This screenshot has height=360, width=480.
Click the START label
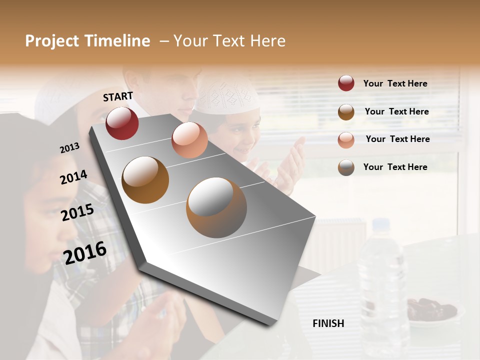[118, 96]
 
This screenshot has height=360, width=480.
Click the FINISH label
[328, 323]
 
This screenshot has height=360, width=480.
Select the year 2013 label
[69, 148]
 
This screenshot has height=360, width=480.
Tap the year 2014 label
[73, 177]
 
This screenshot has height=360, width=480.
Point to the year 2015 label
[77, 212]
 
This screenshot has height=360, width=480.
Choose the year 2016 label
[85, 252]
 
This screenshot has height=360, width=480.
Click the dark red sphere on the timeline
[122, 123]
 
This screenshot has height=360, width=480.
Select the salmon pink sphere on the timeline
[189, 139]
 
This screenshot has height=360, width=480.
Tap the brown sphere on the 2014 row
[145, 180]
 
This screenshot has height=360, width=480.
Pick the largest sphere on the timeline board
[216, 207]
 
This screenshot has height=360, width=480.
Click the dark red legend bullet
[346, 83]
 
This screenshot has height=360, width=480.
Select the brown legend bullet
[346, 112]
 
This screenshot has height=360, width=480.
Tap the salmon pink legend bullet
[346, 139]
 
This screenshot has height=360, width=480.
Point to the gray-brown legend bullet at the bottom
[346, 167]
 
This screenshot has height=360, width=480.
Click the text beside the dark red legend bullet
[395, 83]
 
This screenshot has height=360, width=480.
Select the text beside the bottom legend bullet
[395, 167]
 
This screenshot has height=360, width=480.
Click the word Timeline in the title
[117, 41]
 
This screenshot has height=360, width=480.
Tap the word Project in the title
[51, 41]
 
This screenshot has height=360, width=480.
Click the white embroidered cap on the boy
[227, 95]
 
